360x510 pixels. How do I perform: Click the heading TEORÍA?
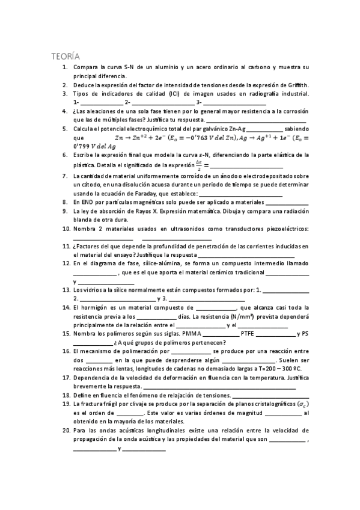coord(64,56)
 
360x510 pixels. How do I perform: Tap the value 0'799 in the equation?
coord(82,146)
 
